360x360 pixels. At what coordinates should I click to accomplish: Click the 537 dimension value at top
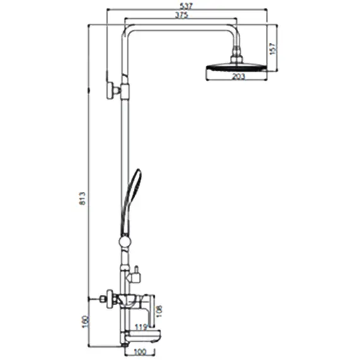tap(186, 6)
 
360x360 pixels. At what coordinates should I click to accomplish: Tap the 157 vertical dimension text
tap(272, 48)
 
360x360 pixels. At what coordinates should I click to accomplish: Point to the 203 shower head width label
tap(238, 76)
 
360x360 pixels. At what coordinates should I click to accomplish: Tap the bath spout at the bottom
tap(143, 336)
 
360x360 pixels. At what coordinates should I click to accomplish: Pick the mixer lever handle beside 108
tap(150, 308)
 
